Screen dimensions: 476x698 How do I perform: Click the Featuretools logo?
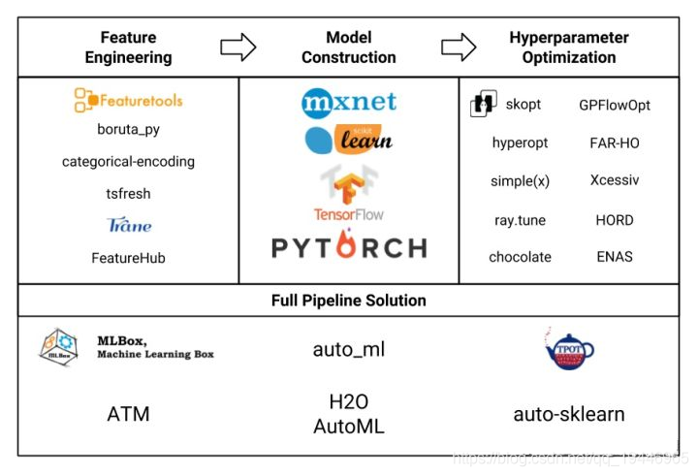click(128, 99)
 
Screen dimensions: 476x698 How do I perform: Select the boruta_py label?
click(128, 130)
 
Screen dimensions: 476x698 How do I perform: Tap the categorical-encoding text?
click(128, 162)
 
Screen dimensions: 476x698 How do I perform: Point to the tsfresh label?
click(128, 194)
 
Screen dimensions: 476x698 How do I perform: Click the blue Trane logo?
click(129, 225)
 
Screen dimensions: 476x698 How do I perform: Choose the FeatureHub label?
click(128, 258)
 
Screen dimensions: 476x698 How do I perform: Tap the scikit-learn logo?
click(348, 140)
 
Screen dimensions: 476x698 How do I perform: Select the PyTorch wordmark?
click(349, 248)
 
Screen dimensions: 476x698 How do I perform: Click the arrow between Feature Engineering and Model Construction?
click(238, 47)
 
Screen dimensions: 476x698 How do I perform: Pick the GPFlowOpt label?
click(615, 105)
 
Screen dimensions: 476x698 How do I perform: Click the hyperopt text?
click(520, 143)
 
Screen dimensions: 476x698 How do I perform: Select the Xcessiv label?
click(615, 180)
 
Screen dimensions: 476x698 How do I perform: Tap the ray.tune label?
click(520, 220)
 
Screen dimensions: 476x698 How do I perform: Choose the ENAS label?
click(615, 257)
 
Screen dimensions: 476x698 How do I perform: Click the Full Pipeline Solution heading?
click(348, 301)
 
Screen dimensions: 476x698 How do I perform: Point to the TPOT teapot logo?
click(569, 350)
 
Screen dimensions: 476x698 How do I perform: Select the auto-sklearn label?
click(569, 415)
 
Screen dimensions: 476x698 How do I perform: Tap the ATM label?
click(128, 415)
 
